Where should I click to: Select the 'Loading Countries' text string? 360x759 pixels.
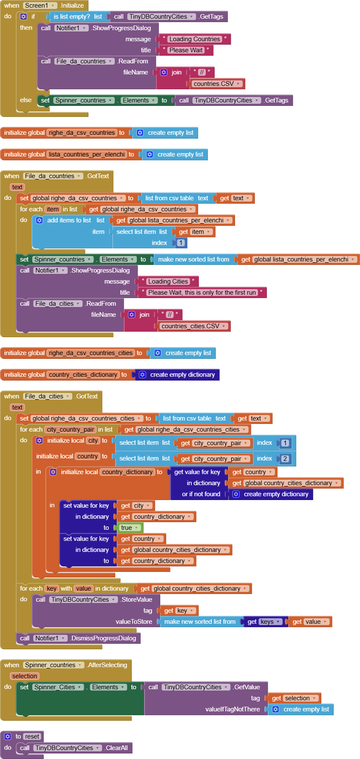pyautogui.click(x=195, y=39)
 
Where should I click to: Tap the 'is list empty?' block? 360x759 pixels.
pyautogui.click(x=72, y=17)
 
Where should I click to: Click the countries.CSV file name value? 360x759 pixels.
pyautogui.click(x=217, y=84)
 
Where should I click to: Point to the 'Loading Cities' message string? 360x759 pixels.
pyautogui.click(x=168, y=281)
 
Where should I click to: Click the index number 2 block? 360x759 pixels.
pyautogui.click(x=285, y=458)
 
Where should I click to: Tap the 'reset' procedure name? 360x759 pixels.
pyautogui.click(x=32, y=736)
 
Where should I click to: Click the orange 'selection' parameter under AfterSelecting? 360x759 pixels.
pyautogui.click(x=25, y=676)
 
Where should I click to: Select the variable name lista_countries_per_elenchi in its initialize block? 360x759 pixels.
pyautogui.click(x=87, y=154)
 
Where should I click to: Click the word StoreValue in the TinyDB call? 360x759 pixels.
pyautogui.click(x=136, y=600)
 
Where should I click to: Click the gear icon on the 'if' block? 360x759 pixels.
pyautogui.click(x=23, y=17)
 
